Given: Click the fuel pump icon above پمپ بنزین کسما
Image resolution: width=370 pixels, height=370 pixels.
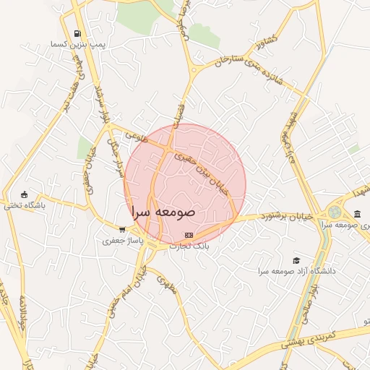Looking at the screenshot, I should pos(78,33).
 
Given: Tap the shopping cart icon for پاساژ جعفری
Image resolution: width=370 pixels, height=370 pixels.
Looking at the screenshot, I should pos(121,229).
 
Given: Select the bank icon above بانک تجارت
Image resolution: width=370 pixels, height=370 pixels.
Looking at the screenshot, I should pos(189,235).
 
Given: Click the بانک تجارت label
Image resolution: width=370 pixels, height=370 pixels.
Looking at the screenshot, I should pos(189,246).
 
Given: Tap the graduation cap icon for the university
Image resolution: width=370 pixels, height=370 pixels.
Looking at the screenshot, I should pos(295,260).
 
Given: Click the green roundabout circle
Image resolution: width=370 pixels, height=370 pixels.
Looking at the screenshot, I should pos(335,212).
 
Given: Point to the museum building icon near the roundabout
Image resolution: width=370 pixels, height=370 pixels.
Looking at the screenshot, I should pos(358,213).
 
